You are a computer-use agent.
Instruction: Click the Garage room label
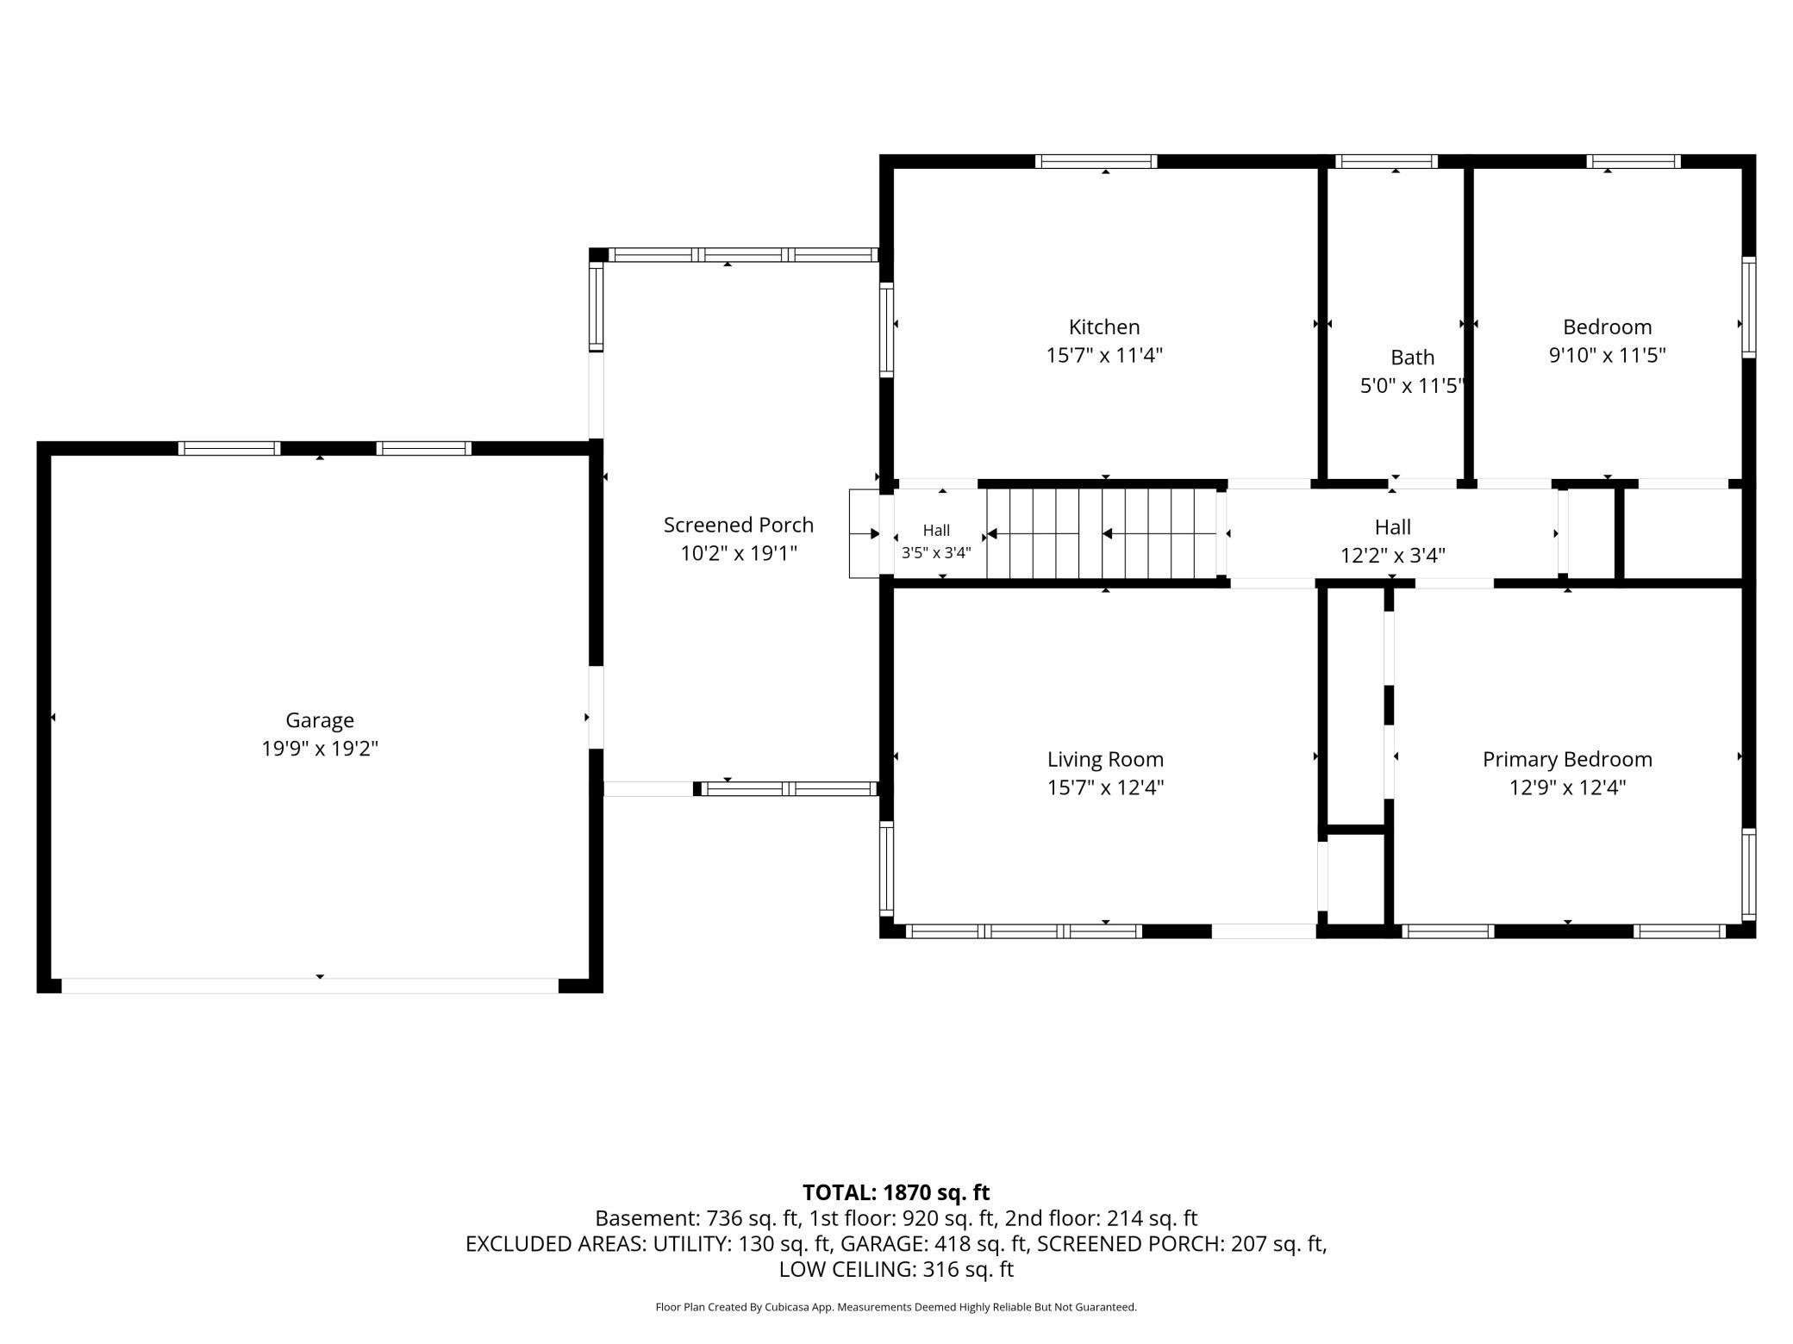coord(320,720)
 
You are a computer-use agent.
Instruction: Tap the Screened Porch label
coord(739,525)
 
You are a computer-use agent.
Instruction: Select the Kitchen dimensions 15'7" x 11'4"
coord(1104,355)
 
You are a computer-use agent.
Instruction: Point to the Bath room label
coord(1412,357)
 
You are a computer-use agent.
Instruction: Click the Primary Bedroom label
coord(1567,759)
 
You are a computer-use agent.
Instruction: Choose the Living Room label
coord(1105,759)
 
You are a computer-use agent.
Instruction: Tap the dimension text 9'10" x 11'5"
coord(1607,355)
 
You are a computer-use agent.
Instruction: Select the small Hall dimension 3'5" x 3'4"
coord(936,553)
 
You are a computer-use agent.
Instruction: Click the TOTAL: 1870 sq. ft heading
coord(896,1192)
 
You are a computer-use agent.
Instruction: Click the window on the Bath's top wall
coord(1386,161)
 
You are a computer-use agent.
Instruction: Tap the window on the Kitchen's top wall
coord(1096,161)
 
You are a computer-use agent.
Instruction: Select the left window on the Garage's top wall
coord(229,448)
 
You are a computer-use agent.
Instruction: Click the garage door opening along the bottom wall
coord(310,986)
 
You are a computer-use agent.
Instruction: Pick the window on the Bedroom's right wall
coord(1748,308)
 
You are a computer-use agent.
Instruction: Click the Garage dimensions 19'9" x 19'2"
coord(320,748)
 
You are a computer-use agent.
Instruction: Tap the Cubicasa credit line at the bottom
coord(896,1307)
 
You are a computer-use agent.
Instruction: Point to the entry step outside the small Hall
coord(865,534)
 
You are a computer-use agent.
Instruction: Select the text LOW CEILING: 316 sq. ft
coord(896,1269)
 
